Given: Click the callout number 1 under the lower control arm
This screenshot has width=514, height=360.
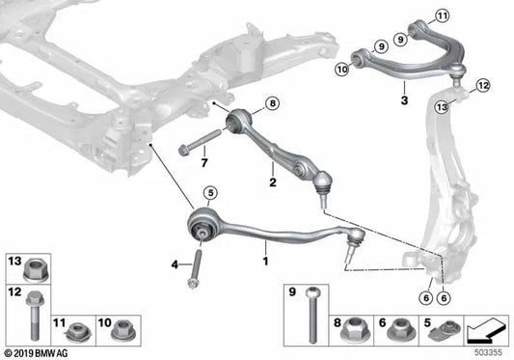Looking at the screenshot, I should click(x=264, y=260).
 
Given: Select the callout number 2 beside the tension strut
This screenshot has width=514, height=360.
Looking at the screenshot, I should click(x=273, y=180).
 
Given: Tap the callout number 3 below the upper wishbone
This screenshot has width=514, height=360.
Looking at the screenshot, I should click(x=405, y=98).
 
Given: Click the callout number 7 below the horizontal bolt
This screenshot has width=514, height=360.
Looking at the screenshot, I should click(x=203, y=162).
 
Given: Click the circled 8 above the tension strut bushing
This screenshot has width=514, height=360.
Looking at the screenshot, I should click(x=271, y=103).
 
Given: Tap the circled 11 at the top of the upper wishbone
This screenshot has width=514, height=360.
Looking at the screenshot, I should click(x=442, y=14).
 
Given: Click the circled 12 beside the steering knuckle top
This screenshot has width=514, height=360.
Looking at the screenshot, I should click(x=482, y=85).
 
